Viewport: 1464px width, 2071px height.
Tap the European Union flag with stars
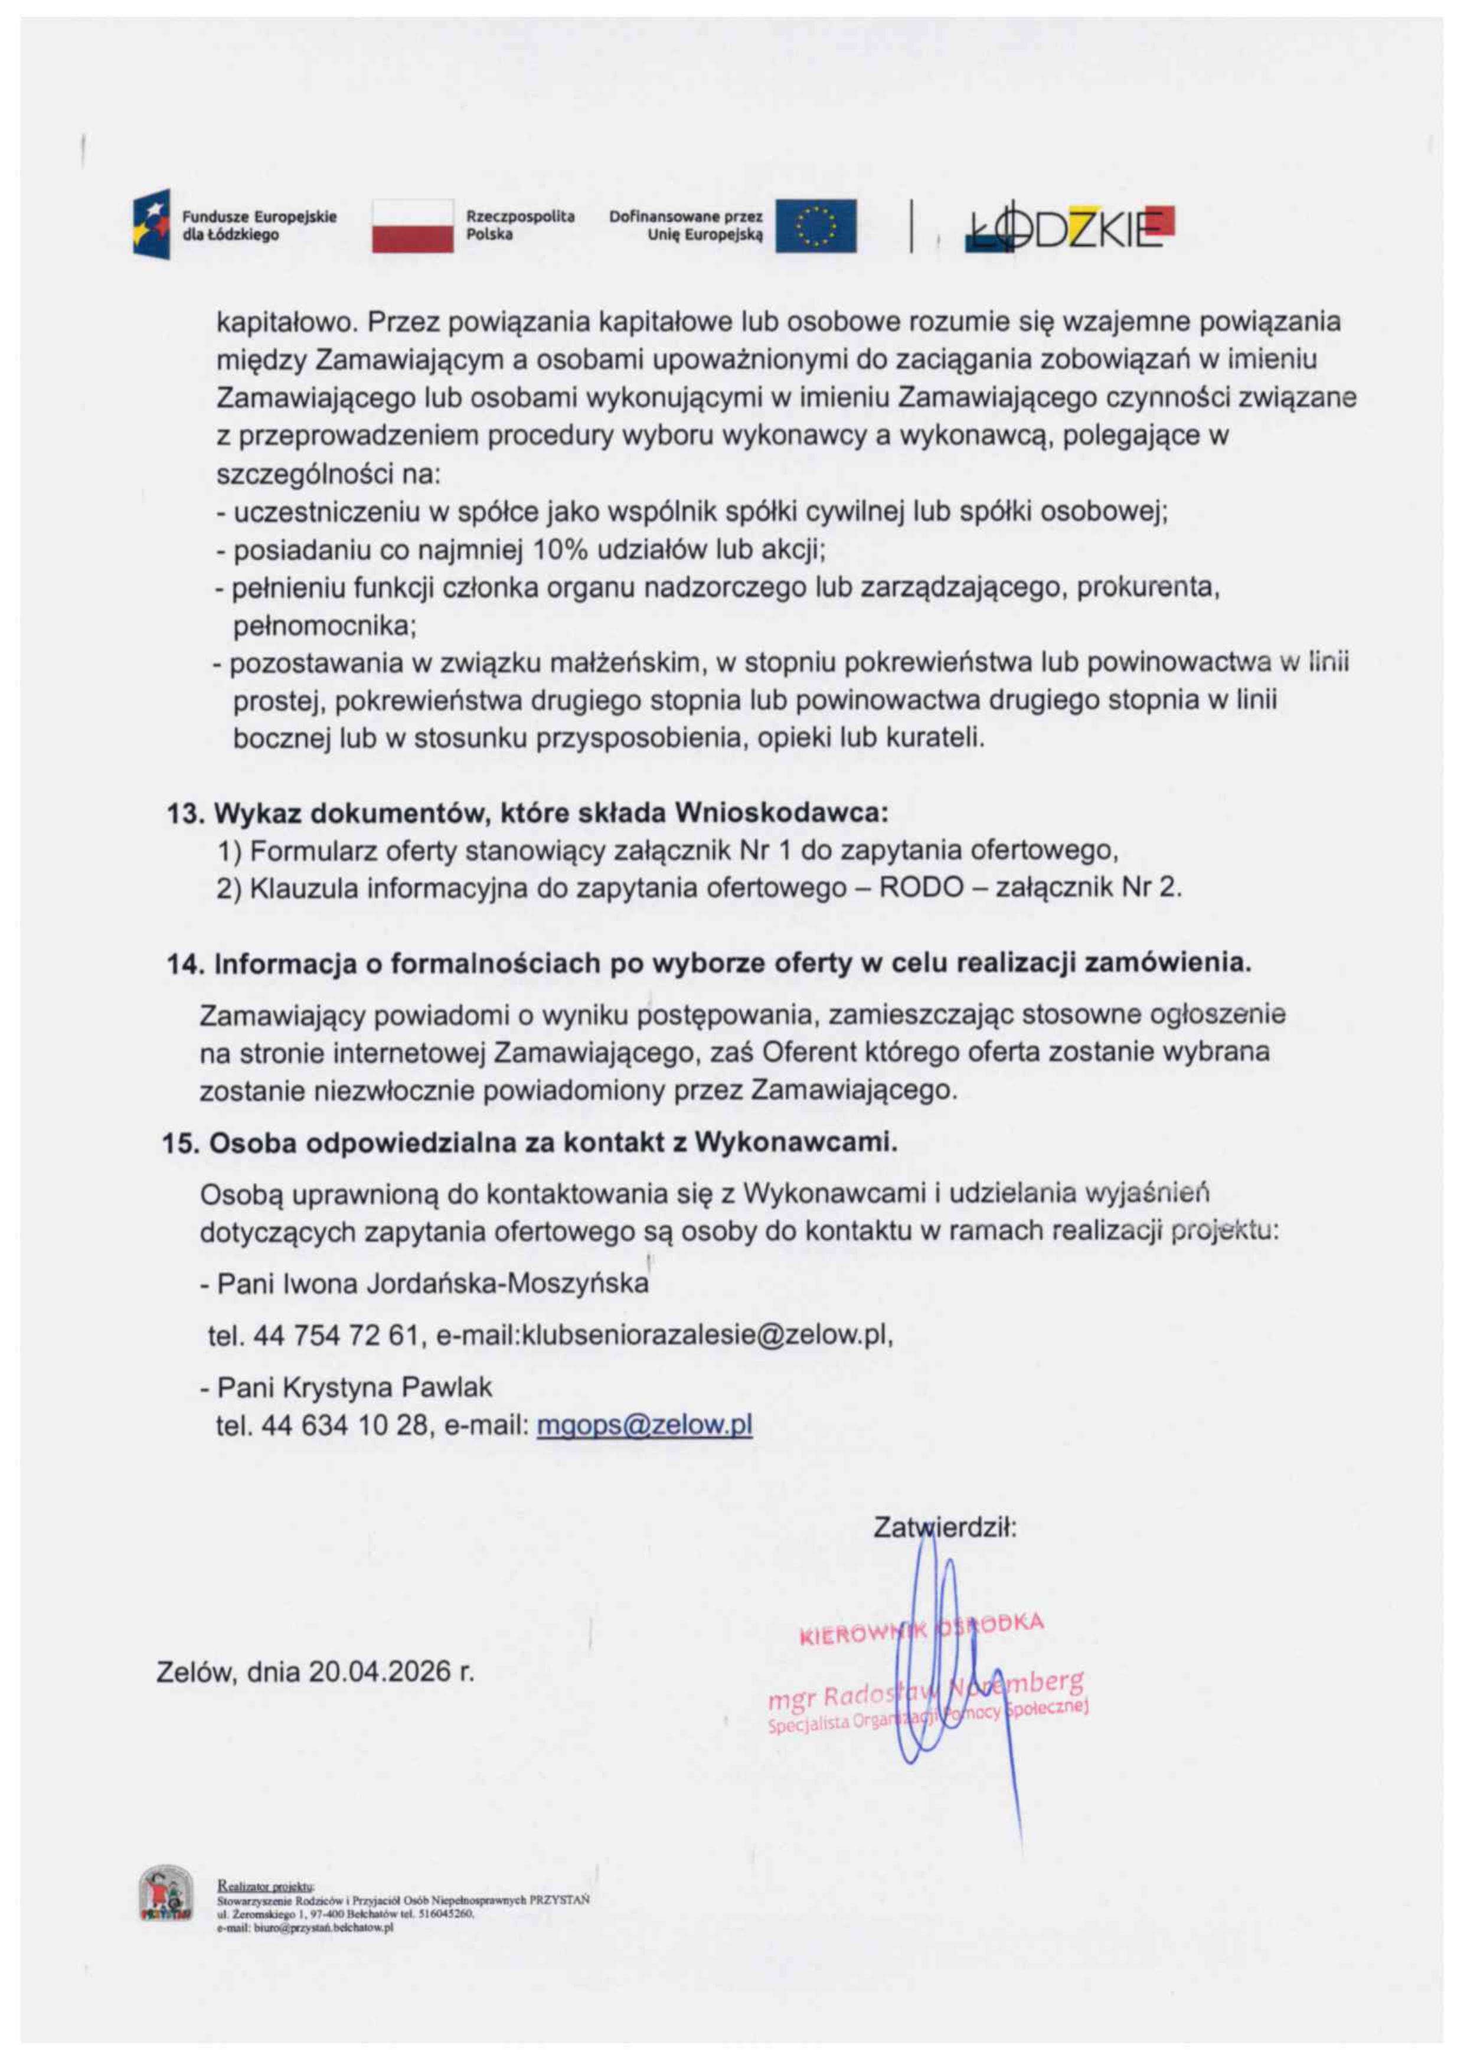tap(816, 226)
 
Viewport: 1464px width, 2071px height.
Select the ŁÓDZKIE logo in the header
tap(1069, 228)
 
